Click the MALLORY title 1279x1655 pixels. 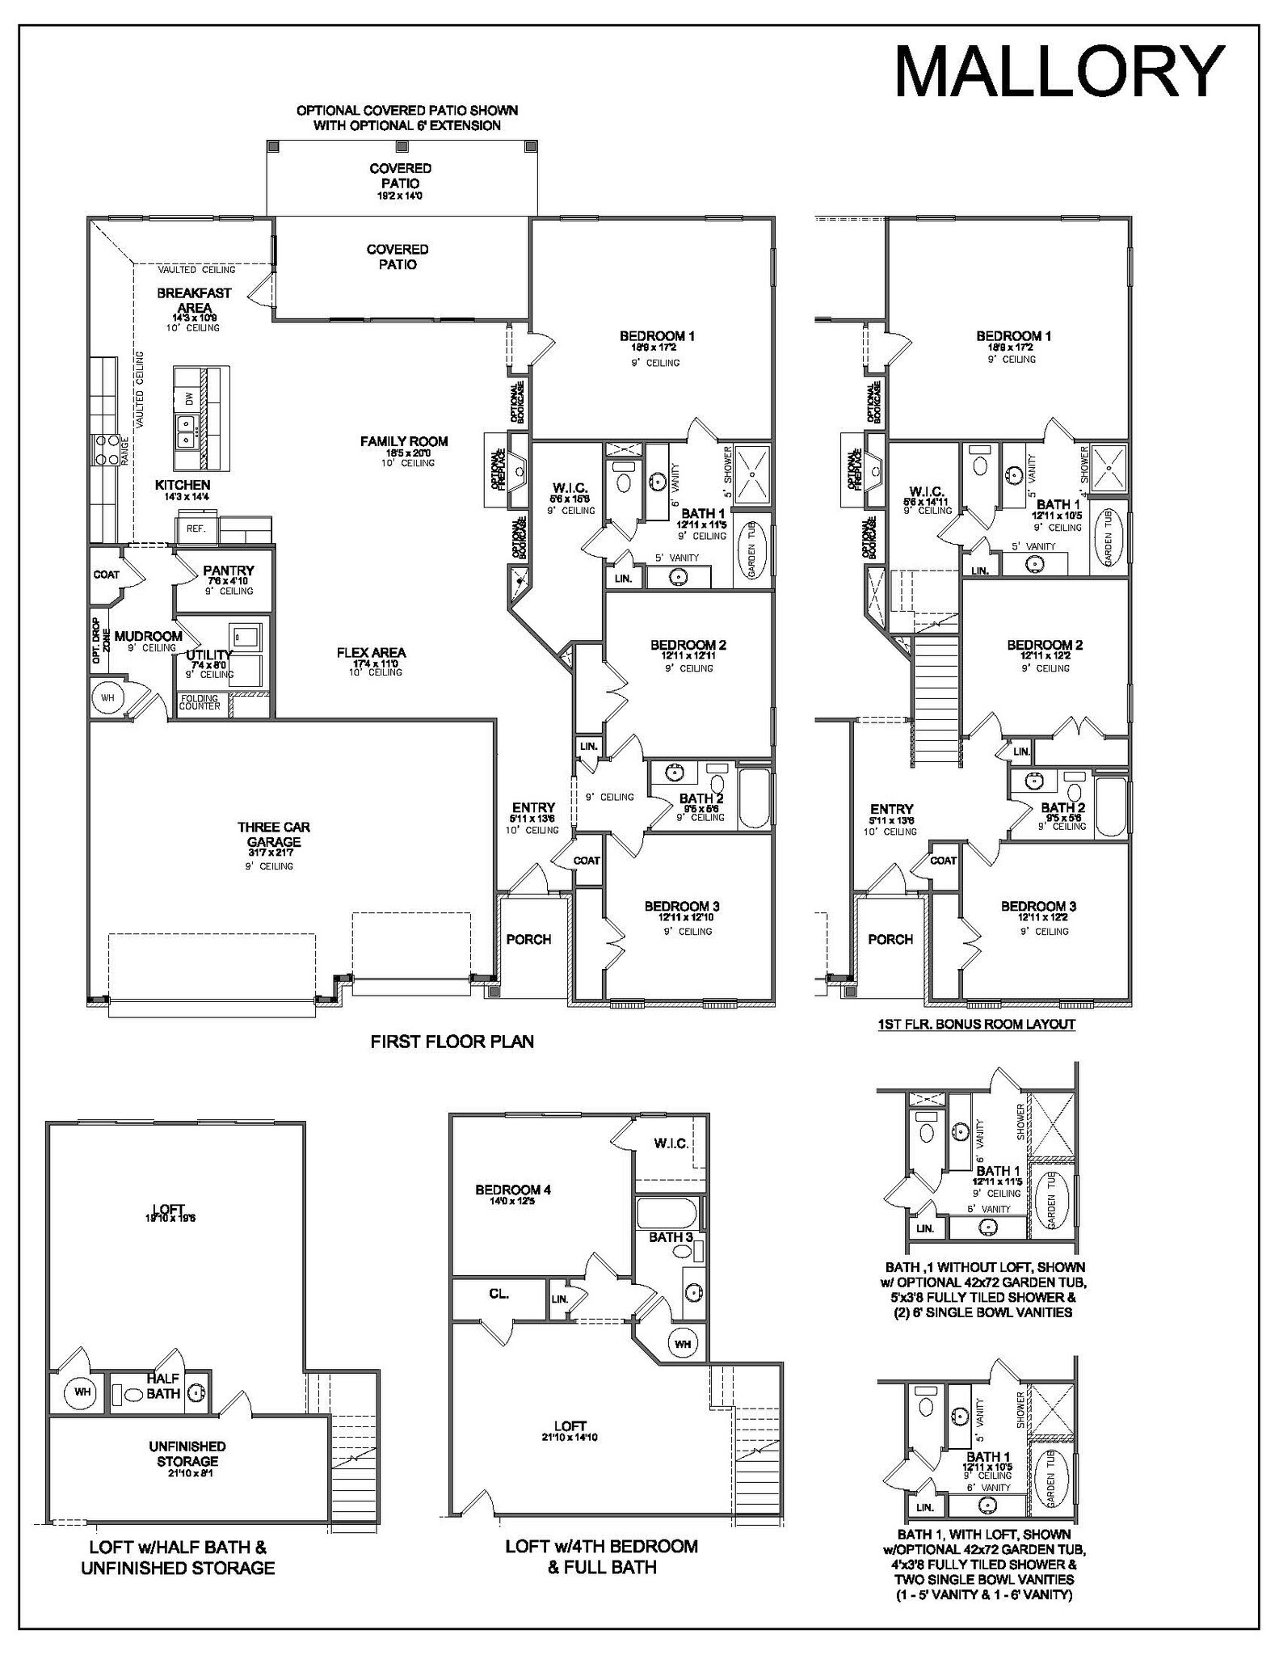(1059, 72)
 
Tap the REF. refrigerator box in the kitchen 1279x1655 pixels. (196, 529)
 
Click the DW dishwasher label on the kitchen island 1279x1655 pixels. (189, 398)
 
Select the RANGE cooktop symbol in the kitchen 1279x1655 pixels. (107, 450)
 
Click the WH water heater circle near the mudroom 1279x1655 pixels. (107, 697)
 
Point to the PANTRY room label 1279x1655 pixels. (229, 571)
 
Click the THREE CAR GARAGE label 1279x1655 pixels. (274, 835)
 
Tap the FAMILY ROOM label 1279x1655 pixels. (404, 441)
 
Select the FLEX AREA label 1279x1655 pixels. (372, 653)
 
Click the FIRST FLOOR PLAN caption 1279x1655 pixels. (452, 1042)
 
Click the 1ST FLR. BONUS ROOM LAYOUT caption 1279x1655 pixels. (976, 1025)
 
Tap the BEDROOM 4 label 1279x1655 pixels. (513, 1190)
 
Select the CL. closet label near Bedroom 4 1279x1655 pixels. (499, 1294)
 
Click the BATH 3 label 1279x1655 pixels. (671, 1237)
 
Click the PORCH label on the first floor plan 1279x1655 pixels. (528, 939)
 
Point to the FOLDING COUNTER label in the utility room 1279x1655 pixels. (200, 701)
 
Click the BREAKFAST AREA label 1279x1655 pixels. (194, 300)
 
